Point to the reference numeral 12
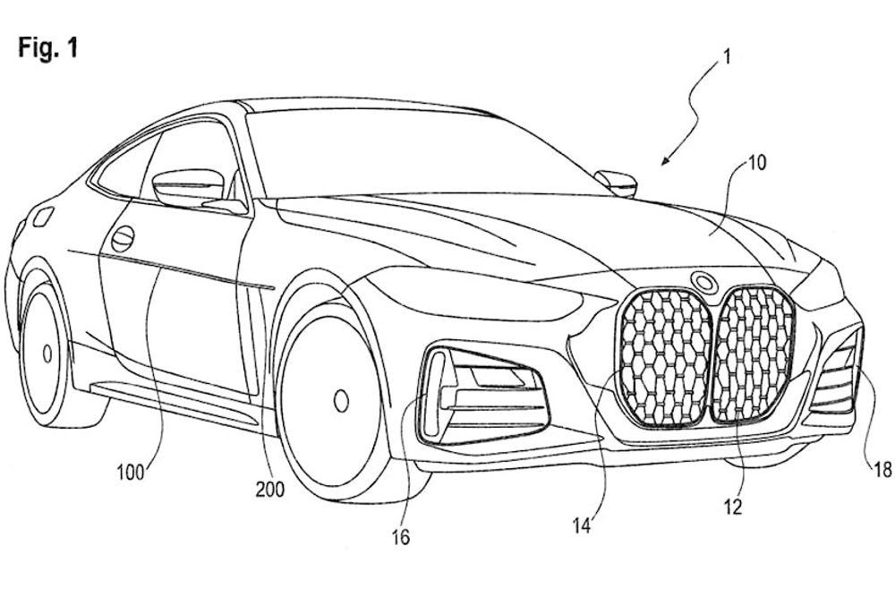(x=733, y=507)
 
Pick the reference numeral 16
(x=399, y=537)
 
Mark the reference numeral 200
(x=269, y=489)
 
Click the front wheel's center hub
(x=340, y=400)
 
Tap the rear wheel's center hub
(x=47, y=354)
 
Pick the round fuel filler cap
(x=122, y=238)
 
